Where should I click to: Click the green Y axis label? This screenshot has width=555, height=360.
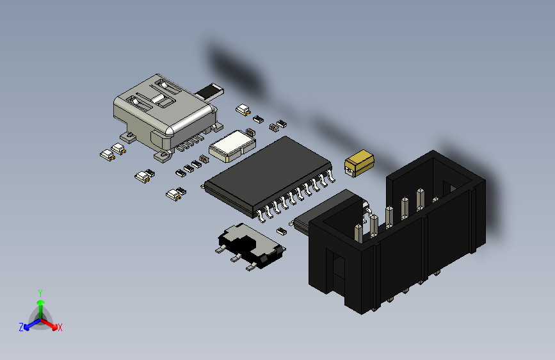click(40, 291)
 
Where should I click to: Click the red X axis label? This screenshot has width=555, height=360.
click(60, 328)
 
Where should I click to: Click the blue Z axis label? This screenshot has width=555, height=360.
click(21, 327)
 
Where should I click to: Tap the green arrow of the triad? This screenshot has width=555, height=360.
click(40, 304)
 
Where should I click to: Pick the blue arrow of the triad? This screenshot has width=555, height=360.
click(29, 324)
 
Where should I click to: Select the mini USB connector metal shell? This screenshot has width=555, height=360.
click(160, 109)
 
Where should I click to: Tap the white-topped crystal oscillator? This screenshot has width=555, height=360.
click(232, 144)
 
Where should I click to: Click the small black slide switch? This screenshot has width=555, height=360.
click(250, 247)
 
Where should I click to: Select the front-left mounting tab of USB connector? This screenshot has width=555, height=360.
click(127, 136)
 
